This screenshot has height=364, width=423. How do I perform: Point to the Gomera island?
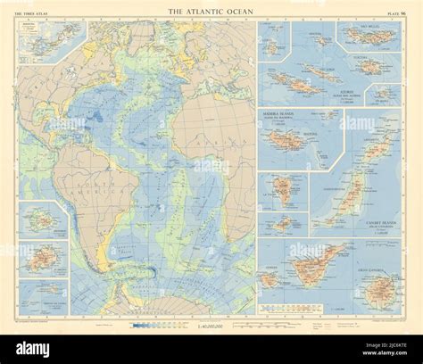pos(270,279)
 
